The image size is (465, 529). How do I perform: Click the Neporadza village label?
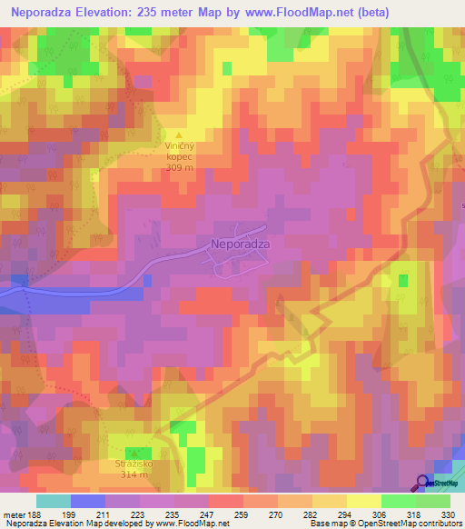pyautogui.click(x=239, y=244)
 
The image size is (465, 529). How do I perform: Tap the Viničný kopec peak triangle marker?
pyautogui.click(x=179, y=134)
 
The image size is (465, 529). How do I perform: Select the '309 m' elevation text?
pyautogui.click(x=179, y=167)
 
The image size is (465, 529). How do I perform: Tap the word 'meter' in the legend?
pyautogui.click(x=15, y=514)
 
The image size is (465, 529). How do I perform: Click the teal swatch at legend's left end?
pyautogui.click(x=53, y=501)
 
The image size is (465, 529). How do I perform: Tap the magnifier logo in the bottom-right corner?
pyautogui.click(x=423, y=484)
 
